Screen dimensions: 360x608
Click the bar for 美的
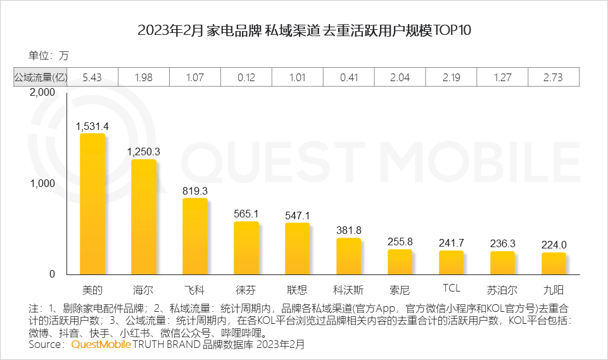92,203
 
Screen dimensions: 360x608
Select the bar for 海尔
144,217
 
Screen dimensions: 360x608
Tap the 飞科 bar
195,236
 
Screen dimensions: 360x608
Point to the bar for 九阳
554,263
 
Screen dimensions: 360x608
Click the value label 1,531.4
92,126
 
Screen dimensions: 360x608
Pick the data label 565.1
246,214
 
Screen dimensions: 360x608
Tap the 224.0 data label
554,245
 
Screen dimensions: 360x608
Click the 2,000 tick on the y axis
44,93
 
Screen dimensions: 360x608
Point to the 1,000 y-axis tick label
44,183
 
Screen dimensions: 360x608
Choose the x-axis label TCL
451,288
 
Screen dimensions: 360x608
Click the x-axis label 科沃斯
349,290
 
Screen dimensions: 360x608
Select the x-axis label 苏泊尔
502,290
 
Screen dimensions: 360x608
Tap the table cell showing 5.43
92,77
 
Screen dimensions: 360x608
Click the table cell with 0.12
246,77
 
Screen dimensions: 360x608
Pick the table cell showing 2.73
554,77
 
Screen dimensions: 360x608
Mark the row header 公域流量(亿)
40,77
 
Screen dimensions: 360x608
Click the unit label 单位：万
49,56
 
